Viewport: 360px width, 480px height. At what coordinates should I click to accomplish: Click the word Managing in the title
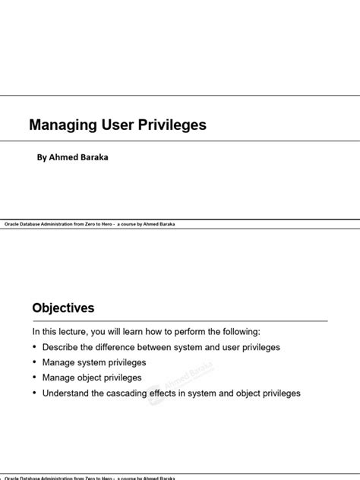[x=59, y=125]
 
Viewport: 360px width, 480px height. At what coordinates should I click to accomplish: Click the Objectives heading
[x=63, y=308]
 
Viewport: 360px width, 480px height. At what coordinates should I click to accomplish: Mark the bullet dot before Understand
[x=34, y=393]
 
